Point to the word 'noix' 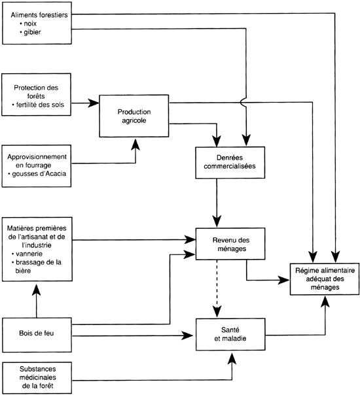tap(30, 24)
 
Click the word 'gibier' tap(32, 32)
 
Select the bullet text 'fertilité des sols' tap(40, 105)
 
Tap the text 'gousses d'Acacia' tap(39, 174)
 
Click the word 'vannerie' tap(29, 254)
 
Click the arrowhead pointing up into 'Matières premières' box tap(37, 289)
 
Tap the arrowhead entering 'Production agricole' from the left tap(94, 103)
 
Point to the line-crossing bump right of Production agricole tap(243, 102)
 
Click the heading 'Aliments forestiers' tap(39, 15)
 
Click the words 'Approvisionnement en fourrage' tap(37, 161)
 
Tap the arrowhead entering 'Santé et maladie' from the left tap(187, 335)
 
